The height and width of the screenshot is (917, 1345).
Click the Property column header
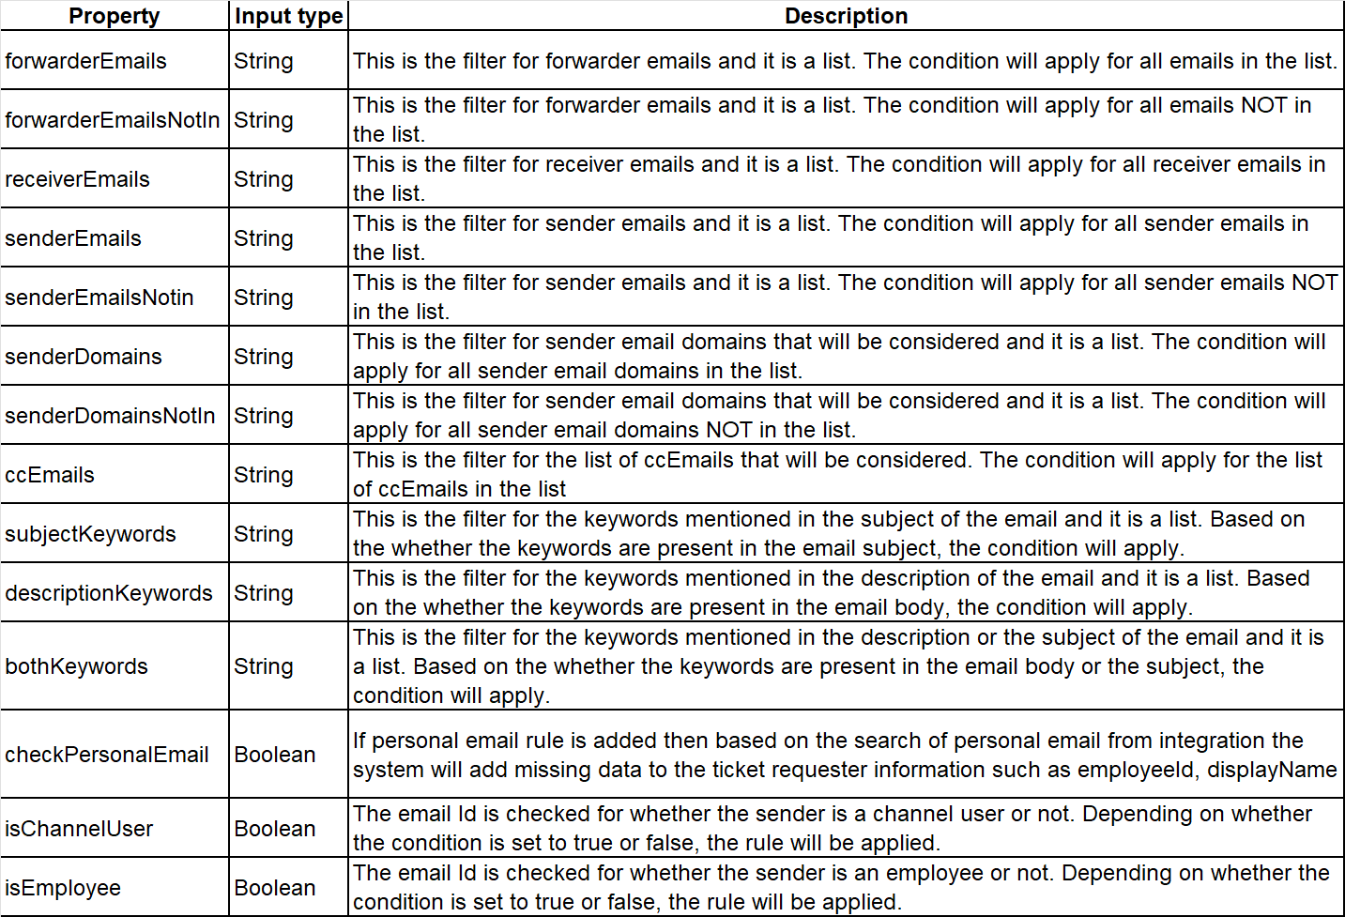click(x=115, y=16)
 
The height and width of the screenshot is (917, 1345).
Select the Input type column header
click(x=288, y=16)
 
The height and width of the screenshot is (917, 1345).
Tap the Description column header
click(x=846, y=16)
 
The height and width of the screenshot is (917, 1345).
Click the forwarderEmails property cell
click(x=85, y=61)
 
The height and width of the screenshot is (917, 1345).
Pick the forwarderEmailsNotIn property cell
click(x=112, y=120)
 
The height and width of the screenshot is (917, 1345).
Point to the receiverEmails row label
click(x=77, y=179)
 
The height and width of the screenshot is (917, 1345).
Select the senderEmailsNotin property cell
click(x=99, y=298)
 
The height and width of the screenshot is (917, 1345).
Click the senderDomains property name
click(x=83, y=357)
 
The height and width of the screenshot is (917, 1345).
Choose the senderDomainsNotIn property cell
click(x=110, y=416)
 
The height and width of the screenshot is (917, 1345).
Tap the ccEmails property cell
click(x=50, y=475)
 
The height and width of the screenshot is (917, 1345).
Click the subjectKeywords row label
click(x=90, y=534)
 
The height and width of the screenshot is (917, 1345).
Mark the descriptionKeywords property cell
click(x=109, y=593)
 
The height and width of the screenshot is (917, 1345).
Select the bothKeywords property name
click(x=76, y=666)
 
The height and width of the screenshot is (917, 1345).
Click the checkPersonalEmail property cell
click(x=106, y=755)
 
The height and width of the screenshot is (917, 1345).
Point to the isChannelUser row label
click(x=79, y=829)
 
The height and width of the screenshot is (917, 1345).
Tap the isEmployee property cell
click(x=63, y=888)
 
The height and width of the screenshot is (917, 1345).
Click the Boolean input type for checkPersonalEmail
click(x=274, y=755)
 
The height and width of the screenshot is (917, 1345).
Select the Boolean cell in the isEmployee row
click(x=274, y=888)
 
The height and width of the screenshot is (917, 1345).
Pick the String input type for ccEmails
click(x=263, y=475)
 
